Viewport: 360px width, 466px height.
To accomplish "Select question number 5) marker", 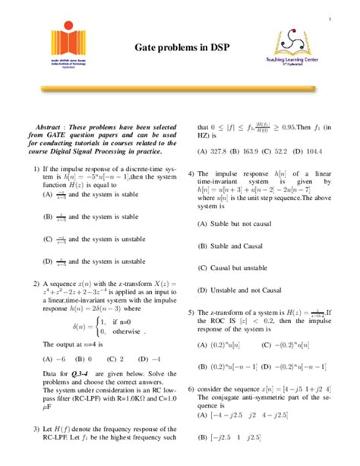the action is coord(191,312).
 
